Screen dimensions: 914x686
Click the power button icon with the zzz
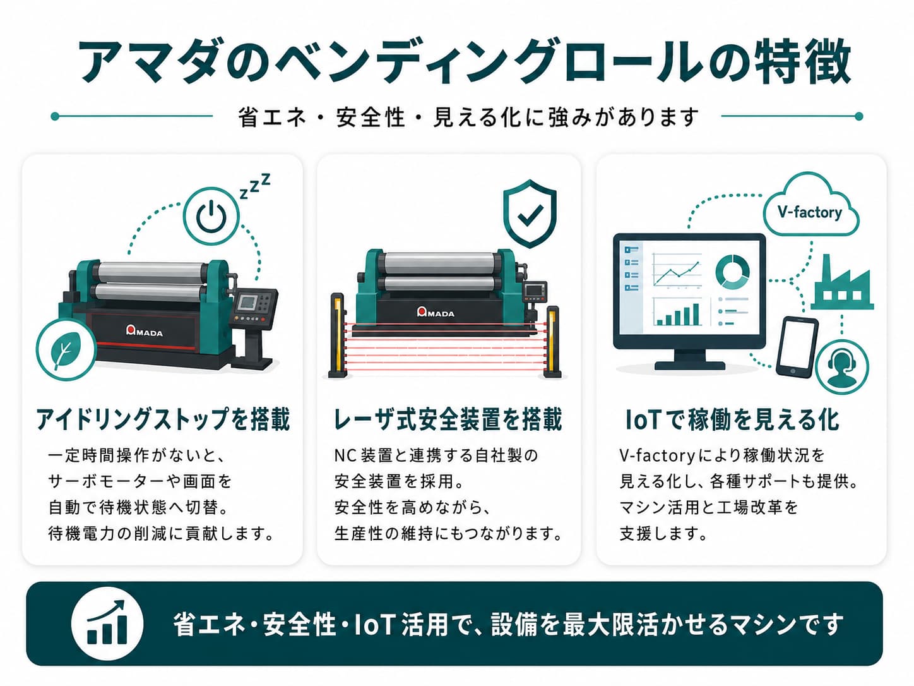(211, 217)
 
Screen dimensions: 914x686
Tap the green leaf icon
(66, 349)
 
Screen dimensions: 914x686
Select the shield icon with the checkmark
(530, 214)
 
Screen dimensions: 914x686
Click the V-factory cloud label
(810, 212)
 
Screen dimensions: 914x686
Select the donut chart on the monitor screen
(732, 272)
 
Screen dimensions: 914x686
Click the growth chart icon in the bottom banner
(107, 623)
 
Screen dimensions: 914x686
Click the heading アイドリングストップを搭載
(163, 419)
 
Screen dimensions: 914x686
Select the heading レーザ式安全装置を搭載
(448, 419)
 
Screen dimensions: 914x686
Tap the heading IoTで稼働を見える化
(732, 419)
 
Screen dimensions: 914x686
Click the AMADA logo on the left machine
(145, 331)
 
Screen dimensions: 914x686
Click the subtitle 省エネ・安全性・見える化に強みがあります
(468, 117)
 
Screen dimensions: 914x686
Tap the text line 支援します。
(663, 534)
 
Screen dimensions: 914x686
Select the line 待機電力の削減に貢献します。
(161, 534)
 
